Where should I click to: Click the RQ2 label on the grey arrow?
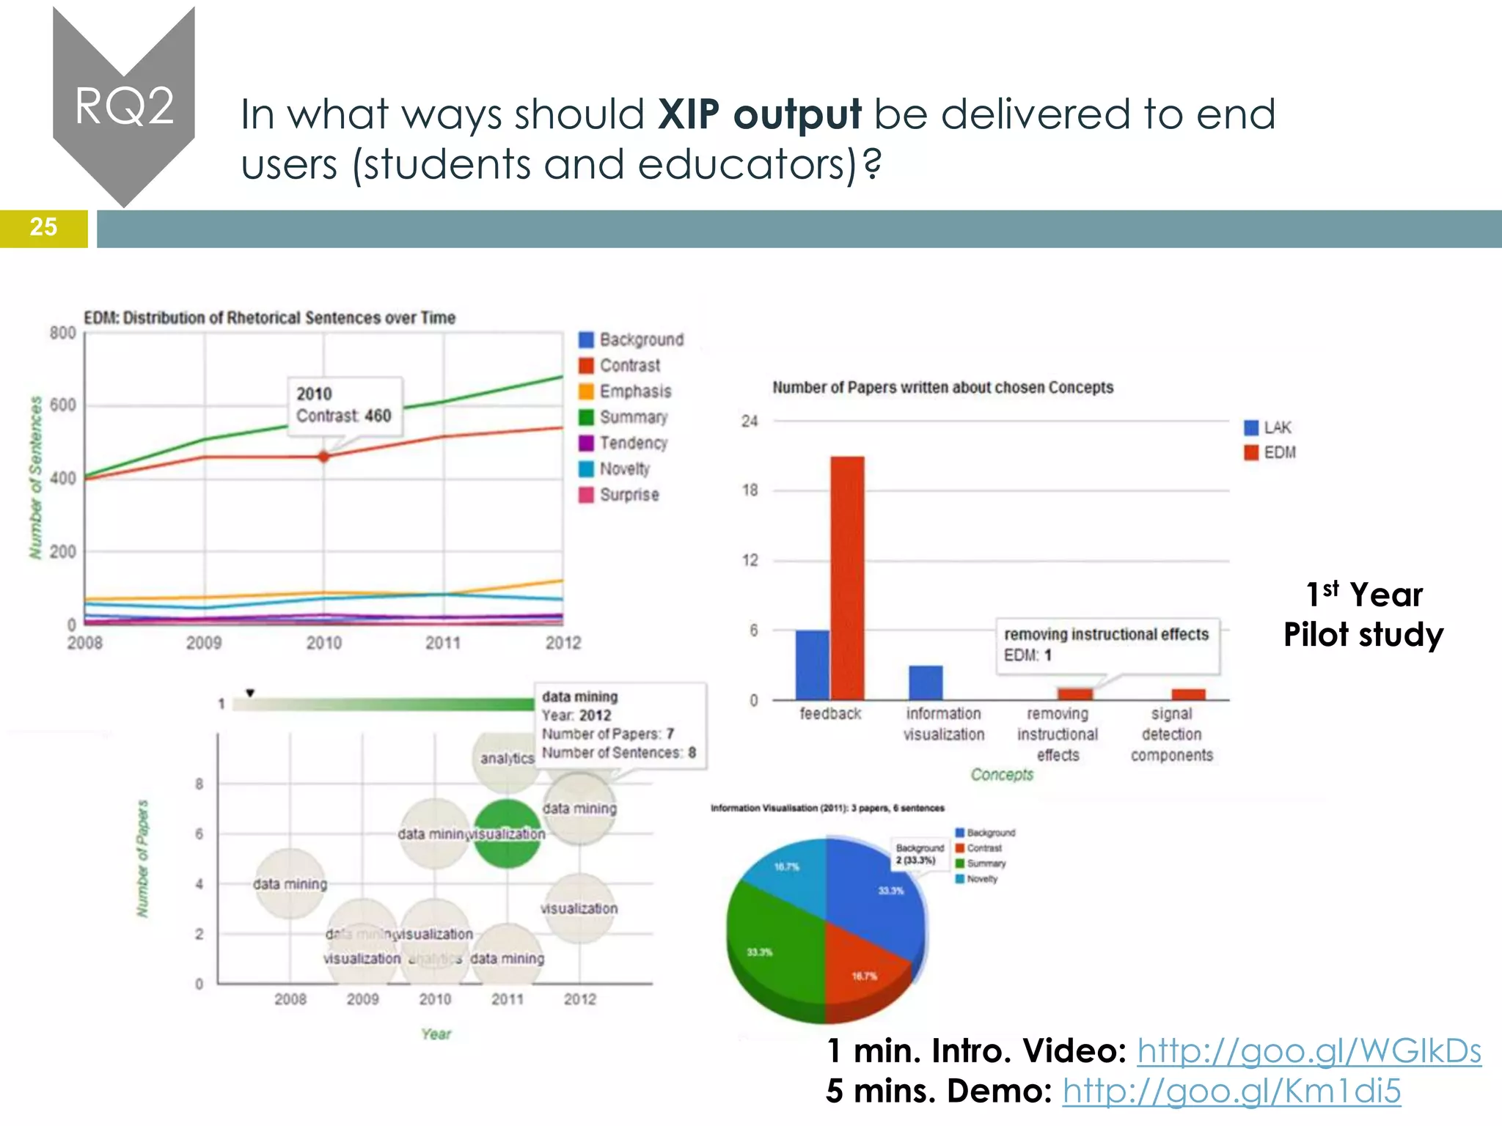[124, 106]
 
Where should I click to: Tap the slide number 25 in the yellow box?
[43, 227]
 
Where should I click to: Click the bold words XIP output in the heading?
[759, 114]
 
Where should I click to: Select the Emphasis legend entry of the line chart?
[634, 391]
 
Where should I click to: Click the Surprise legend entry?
[629, 495]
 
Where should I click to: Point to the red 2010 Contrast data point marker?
[324, 456]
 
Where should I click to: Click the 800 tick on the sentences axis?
[63, 334]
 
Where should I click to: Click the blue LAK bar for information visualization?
[926, 682]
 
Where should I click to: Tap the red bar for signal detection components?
[1188, 694]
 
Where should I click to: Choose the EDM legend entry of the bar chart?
[1278, 452]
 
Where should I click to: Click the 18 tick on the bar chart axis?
[750, 490]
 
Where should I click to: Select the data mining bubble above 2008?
[290, 883]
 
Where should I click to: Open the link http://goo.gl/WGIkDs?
[1309, 1051]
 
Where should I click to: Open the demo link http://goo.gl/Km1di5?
[1231, 1091]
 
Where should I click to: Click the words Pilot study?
[1363, 635]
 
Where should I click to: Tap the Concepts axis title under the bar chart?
[1002, 774]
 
